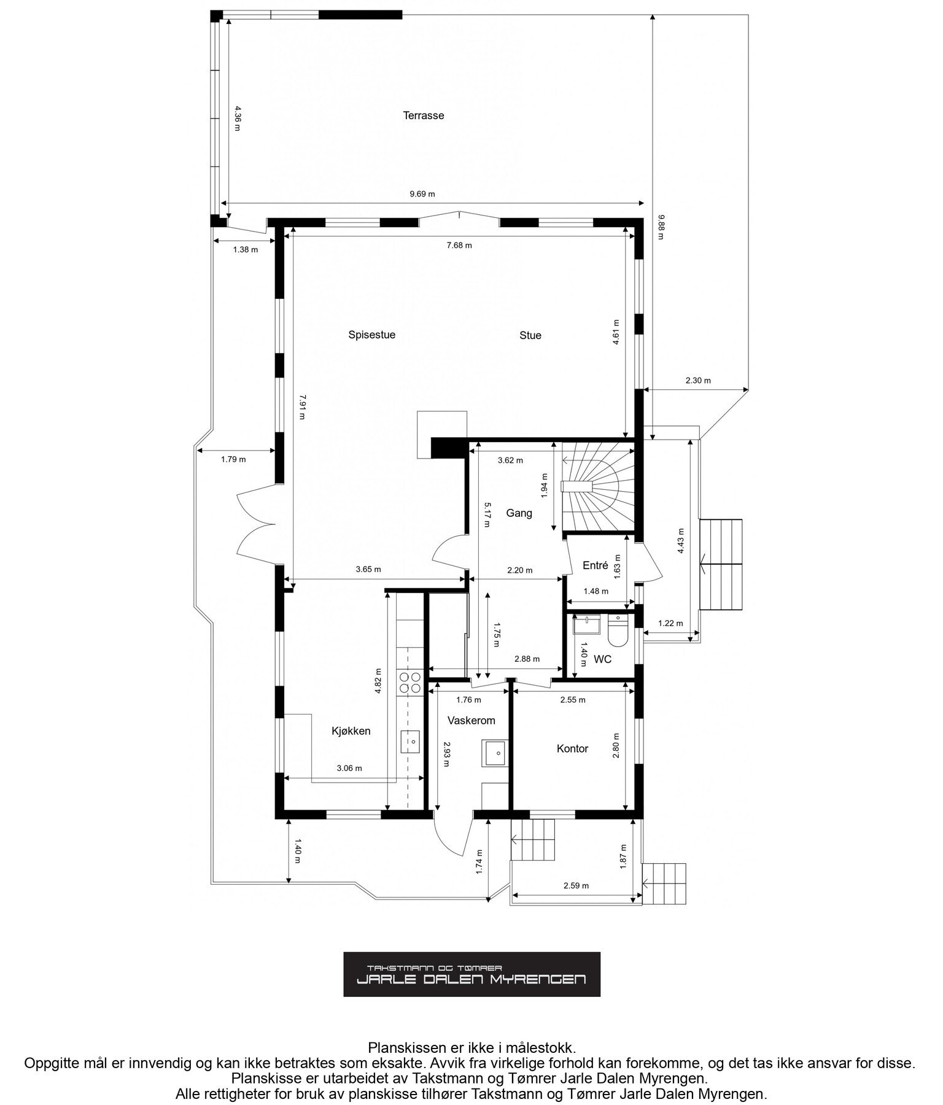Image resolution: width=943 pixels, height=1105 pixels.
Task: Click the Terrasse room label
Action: click(x=423, y=115)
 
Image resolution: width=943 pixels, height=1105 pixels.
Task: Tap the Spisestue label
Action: click(x=371, y=335)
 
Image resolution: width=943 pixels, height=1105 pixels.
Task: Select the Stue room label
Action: click(x=530, y=336)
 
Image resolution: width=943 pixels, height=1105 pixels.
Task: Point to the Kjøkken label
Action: click(x=351, y=731)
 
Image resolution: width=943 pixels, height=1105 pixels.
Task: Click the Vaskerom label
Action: click(x=471, y=721)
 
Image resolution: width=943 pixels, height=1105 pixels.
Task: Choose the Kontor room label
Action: click(x=572, y=749)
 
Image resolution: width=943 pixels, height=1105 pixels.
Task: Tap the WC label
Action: click(x=603, y=660)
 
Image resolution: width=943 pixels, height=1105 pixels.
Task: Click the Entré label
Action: click(x=595, y=566)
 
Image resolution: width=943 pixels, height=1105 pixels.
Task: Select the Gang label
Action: click(x=519, y=513)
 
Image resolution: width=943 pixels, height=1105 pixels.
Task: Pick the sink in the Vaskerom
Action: click(x=495, y=753)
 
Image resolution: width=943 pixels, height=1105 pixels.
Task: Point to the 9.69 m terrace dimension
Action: click(x=422, y=195)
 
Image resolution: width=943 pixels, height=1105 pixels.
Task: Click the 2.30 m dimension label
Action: click(x=698, y=381)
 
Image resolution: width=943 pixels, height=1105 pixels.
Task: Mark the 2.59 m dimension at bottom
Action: click(x=576, y=886)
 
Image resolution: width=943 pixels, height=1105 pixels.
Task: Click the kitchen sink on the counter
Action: click(x=410, y=742)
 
